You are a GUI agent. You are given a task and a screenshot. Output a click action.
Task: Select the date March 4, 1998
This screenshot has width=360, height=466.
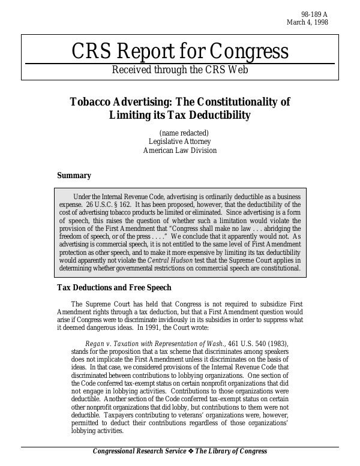pos(308,23)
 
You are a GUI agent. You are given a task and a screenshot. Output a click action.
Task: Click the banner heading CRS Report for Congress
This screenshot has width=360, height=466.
pos(180,52)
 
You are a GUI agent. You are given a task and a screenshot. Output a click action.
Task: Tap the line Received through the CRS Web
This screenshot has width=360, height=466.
pos(180,70)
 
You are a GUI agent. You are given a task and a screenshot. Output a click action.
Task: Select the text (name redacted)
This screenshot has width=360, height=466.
pos(184,133)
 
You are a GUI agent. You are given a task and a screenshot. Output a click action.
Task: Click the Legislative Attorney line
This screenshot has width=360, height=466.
pos(179,142)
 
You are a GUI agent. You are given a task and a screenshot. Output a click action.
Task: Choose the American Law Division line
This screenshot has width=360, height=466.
pos(179,151)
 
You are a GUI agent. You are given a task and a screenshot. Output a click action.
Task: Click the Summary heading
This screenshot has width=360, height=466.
pos(74,176)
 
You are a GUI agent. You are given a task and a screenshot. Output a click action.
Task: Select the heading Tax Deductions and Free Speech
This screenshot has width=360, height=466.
pos(114,288)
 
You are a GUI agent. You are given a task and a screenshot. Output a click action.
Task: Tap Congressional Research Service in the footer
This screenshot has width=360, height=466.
pos(139,452)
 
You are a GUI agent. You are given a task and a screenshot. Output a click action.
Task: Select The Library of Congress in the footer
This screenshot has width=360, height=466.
pos(231,452)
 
